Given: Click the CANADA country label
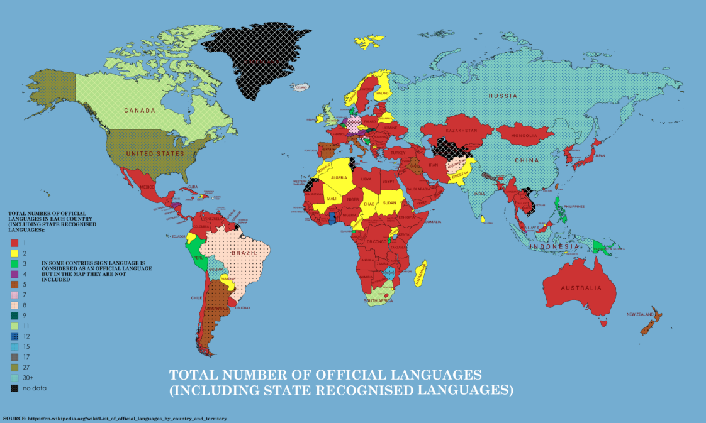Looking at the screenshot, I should click(140, 111).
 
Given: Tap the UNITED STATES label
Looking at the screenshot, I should click(155, 153).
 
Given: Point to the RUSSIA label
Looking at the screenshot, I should click(505, 96).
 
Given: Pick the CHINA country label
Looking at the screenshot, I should click(527, 160).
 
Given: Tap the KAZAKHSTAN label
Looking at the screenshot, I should click(462, 129).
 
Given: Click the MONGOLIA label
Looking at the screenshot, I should click(524, 136).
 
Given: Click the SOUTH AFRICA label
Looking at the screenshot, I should click(378, 301).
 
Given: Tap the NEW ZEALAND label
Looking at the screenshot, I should click(642, 314).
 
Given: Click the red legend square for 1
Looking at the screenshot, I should click(13, 242).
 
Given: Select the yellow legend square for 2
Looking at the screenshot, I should click(13, 253).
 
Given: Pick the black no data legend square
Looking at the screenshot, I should click(13, 388).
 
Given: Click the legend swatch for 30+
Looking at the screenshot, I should click(13, 378).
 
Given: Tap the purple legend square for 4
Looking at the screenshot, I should click(13, 273).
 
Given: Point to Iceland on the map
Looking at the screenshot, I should click(300, 87).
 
